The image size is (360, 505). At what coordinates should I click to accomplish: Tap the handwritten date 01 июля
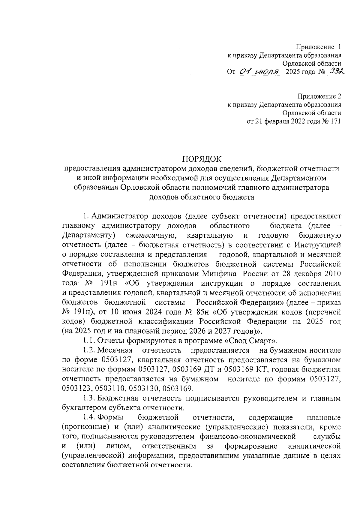click(x=258, y=72)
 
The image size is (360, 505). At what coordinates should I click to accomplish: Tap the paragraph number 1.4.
click(x=89, y=417)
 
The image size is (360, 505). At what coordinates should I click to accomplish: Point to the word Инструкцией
click(x=317, y=245)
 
